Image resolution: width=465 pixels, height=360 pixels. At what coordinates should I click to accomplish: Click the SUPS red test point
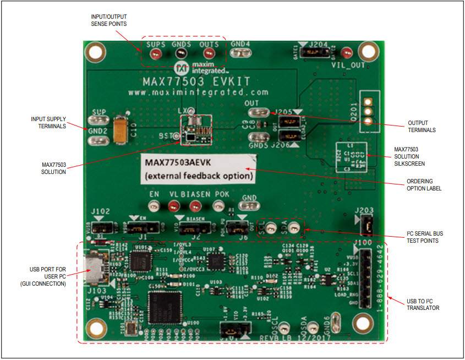(156, 53)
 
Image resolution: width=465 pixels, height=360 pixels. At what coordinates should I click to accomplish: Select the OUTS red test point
(209, 53)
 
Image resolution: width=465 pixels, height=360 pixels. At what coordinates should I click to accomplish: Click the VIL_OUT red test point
(346, 53)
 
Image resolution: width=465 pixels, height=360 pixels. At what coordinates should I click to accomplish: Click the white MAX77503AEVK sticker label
(198, 170)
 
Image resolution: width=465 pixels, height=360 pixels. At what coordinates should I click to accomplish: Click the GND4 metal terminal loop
(240, 53)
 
